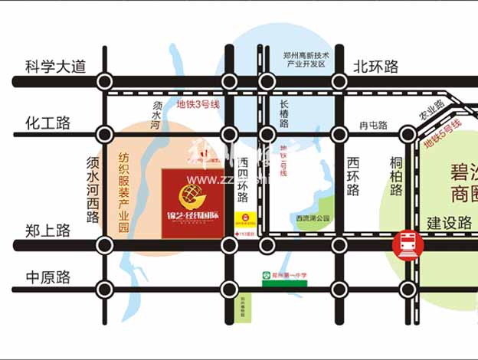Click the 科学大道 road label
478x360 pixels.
[57, 67]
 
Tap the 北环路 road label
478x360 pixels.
[376, 67]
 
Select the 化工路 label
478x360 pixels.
[47, 123]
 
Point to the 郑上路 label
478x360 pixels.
[47, 229]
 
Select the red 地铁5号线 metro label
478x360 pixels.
[444, 133]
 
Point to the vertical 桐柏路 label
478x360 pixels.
[396, 177]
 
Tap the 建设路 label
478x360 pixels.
[450, 224]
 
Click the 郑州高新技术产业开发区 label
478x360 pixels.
[306, 60]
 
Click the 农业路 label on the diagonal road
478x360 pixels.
[431, 111]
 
